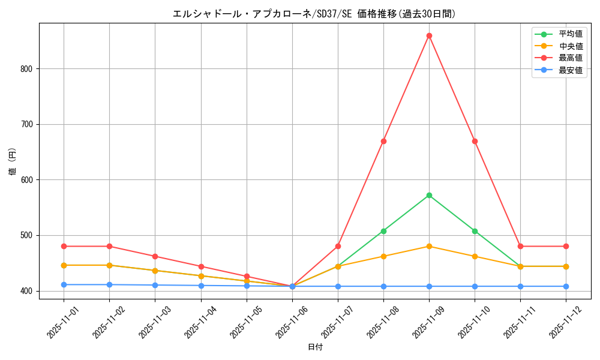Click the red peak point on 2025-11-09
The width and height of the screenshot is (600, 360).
(429, 35)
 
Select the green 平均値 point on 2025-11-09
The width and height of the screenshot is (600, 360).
(429, 195)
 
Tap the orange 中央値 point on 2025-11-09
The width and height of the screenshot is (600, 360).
(429, 246)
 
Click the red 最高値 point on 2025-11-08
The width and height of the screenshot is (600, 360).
(383, 141)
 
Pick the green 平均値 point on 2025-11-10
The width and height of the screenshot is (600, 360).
(475, 231)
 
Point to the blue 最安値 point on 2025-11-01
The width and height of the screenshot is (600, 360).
(64, 284)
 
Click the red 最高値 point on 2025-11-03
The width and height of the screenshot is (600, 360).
(155, 256)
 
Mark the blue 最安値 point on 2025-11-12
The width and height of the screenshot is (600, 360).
(566, 286)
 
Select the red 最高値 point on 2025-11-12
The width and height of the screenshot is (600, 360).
(566, 246)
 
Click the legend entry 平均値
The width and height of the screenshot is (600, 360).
(570, 34)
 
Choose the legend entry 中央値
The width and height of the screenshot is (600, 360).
(570, 46)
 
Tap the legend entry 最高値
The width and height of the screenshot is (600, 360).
(570, 58)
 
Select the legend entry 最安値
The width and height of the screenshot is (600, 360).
(570, 70)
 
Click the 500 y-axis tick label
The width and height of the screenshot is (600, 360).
(28, 235)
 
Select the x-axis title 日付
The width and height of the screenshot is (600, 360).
(315, 347)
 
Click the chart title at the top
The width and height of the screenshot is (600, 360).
(314, 14)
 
